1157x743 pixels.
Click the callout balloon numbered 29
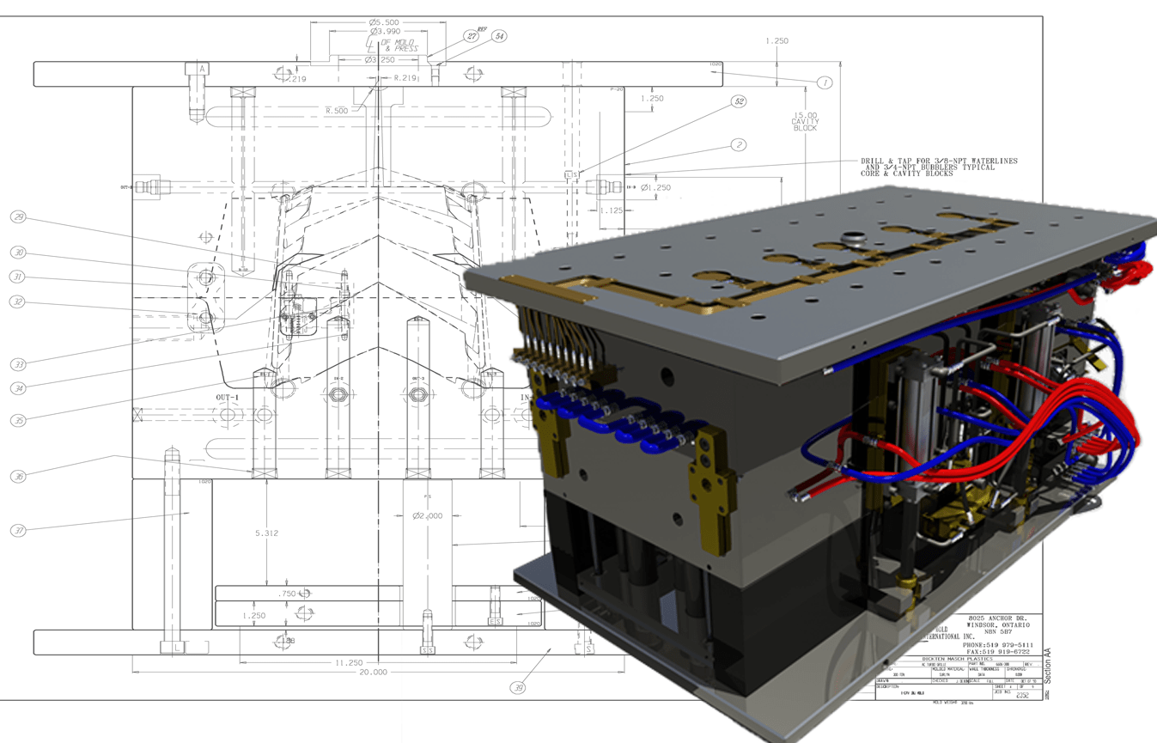point(18,217)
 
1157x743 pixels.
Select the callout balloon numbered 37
point(18,531)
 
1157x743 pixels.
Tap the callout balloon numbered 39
point(518,687)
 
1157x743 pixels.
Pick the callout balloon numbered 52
point(739,101)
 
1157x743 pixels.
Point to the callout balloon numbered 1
point(825,82)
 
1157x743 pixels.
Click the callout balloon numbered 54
point(499,37)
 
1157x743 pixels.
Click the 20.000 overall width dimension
point(373,673)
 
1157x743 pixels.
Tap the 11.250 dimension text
point(349,662)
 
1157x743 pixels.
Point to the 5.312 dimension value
point(267,533)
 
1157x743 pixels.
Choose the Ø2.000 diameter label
point(427,516)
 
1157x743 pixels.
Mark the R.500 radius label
point(338,111)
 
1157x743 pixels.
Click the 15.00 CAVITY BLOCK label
point(806,121)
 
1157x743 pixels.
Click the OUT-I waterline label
point(227,399)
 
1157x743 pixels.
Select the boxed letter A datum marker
point(202,69)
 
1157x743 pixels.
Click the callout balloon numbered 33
point(18,365)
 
